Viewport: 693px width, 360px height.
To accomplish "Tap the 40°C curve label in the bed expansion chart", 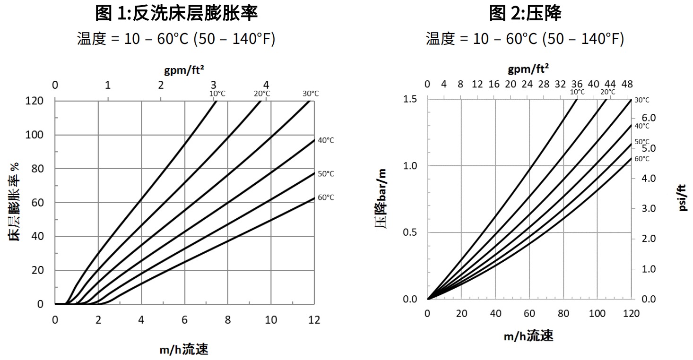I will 326,140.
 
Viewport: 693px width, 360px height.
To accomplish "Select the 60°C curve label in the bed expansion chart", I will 326,197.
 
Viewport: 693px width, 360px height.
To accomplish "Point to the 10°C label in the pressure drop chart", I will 577,92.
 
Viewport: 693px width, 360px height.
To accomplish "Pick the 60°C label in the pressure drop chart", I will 641,159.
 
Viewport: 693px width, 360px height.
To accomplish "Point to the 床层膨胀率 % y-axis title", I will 15,202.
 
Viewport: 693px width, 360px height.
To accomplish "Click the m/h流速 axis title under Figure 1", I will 184,350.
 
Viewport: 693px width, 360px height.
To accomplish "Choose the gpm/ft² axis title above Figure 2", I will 528,69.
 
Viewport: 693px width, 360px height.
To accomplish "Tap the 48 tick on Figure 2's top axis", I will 627,84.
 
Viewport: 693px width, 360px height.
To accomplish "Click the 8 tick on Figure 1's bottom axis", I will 228,320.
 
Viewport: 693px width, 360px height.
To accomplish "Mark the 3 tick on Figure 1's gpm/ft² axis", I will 214,85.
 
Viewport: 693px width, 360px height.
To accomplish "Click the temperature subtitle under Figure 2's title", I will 525,39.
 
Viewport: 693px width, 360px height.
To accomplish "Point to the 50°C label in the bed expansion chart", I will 326,174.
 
